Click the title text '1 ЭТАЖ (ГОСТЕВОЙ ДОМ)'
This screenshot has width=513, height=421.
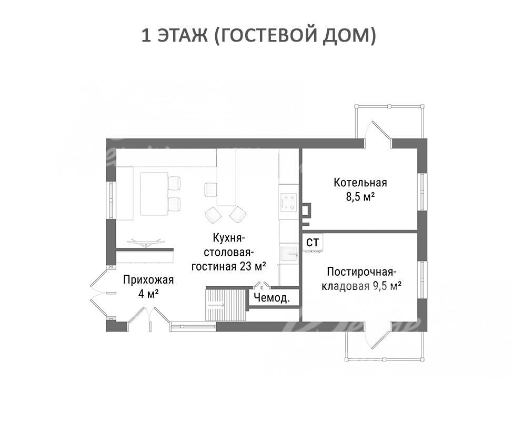[x=258, y=36]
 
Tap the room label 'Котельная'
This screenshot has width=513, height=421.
[x=360, y=182]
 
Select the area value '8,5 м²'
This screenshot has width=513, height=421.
[x=360, y=197]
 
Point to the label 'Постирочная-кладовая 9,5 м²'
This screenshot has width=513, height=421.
[x=361, y=279]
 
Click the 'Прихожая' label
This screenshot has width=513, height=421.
[x=148, y=280]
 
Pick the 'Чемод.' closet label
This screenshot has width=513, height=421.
[x=271, y=298]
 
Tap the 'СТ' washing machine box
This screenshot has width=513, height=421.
[x=313, y=243]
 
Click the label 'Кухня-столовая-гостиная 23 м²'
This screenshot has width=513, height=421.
[x=228, y=252]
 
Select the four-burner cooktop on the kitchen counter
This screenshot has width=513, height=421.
[x=288, y=202]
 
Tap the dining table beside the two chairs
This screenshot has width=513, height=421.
[x=154, y=194]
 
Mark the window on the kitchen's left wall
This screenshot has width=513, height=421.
[x=111, y=200]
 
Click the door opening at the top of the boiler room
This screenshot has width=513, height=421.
[x=378, y=135]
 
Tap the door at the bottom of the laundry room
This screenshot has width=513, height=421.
[x=378, y=335]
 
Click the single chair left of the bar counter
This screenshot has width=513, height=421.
[x=210, y=189]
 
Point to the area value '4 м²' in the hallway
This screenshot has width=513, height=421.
[x=148, y=294]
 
